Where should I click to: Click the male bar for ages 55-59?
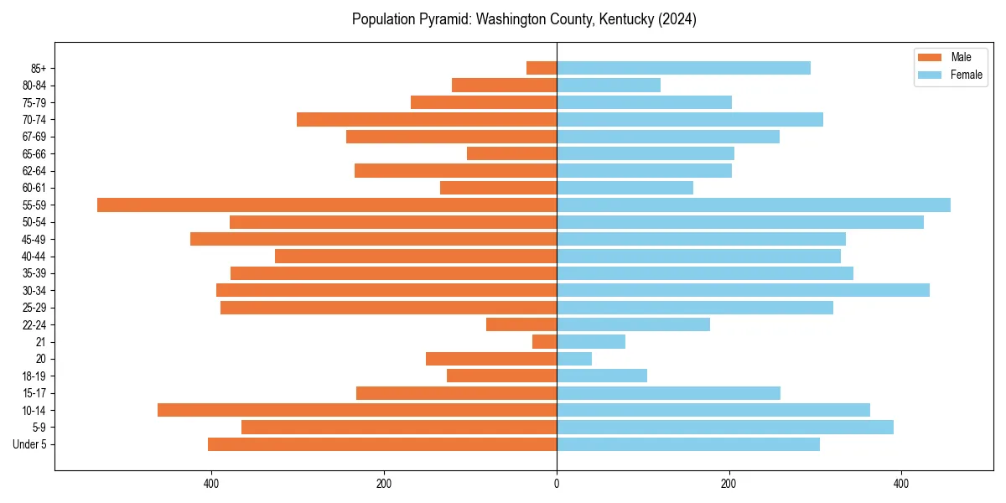click(327, 205)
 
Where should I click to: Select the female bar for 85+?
click(683, 68)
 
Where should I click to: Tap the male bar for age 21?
click(544, 342)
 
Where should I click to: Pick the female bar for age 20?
click(574, 359)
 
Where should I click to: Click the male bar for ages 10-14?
click(357, 410)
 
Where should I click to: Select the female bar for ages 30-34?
click(743, 290)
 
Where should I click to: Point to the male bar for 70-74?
click(427, 120)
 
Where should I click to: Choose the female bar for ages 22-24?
click(633, 324)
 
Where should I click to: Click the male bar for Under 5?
click(382, 444)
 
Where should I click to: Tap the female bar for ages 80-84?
click(609, 86)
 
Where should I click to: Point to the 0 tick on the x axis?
click(557, 485)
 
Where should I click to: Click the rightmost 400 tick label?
click(901, 485)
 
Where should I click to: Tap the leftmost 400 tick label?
click(211, 485)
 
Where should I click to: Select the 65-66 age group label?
click(34, 154)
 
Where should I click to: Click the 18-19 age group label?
click(34, 376)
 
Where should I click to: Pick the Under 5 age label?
click(30, 444)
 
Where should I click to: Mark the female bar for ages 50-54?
click(740, 222)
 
